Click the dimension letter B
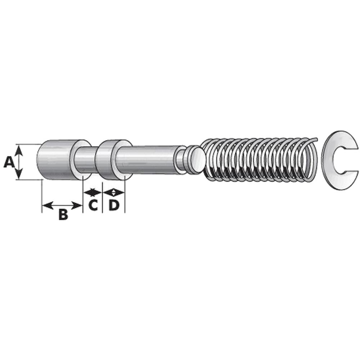(x=63, y=215)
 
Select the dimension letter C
(x=93, y=205)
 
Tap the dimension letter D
(x=114, y=205)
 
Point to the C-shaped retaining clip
(x=329, y=161)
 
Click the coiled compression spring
(x=260, y=161)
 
